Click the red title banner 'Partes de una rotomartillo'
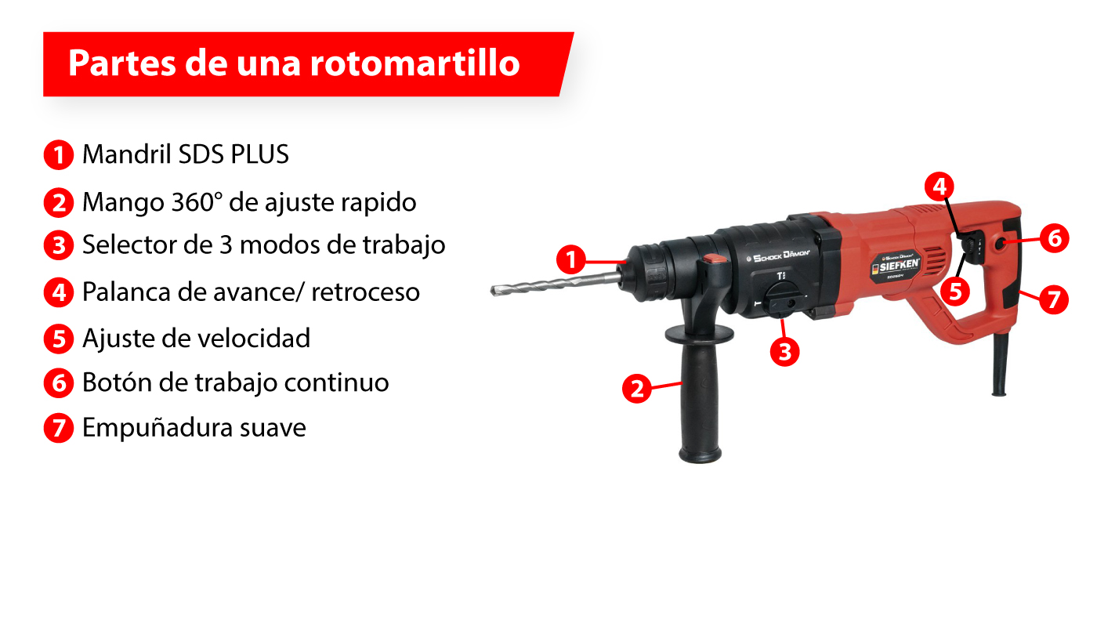click(x=306, y=64)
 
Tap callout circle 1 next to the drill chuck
click(x=571, y=260)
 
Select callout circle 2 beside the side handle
click(x=637, y=388)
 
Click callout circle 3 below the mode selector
click(x=784, y=350)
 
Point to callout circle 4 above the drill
click(x=940, y=187)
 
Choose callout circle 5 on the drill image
click(x=954, y=291)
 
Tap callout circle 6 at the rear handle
click(x=1054, y=237)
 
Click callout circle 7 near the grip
click(x=1054, y=299)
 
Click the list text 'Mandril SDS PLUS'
click(x=186, y=154)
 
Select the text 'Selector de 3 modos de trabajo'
click(x=263, y=245)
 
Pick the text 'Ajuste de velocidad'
click(x=196, y=338)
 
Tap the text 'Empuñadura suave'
click(x=194, y=429)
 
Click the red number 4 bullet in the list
click(x=59, y=292)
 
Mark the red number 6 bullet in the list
click(x=59, y=383)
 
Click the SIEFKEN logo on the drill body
click(x=894, y=265)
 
